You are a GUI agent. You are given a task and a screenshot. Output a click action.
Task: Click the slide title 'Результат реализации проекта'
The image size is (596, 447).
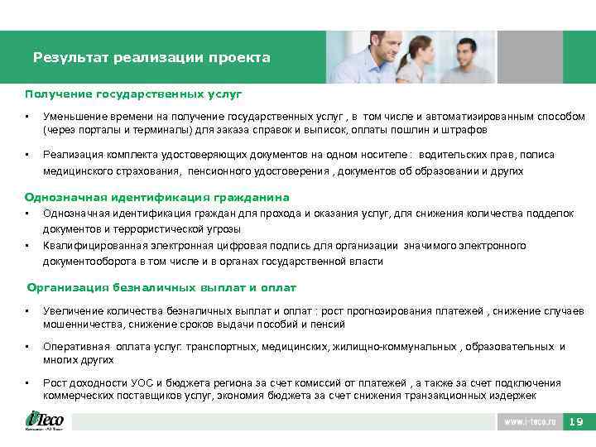pyautogui.click(x=151, y=58)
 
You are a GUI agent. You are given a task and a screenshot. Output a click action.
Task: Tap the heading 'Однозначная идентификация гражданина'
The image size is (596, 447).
pyautogui.click(x=156, y=197)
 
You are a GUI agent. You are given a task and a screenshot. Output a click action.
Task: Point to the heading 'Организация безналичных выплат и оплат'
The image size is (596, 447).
pyautogui.click(x=161, y=287)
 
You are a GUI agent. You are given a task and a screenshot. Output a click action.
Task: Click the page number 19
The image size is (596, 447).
pyautogui.click(x=577, y=422)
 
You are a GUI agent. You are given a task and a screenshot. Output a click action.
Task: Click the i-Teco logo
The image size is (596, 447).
pyautogui.click(x=44, y=421)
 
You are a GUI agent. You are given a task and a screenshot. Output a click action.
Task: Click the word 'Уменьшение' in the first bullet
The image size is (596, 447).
pyautogui.click(x=73, y=117)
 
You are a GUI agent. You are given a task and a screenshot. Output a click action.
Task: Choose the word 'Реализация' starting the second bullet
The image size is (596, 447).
pyautogui.click(x=70, y=155)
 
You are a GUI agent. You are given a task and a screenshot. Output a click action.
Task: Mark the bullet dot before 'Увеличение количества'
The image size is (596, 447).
pyautogui.click(x=27, y=311)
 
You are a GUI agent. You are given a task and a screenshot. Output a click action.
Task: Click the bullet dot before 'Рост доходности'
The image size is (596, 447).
pyautogui.click(x=27, y=383)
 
